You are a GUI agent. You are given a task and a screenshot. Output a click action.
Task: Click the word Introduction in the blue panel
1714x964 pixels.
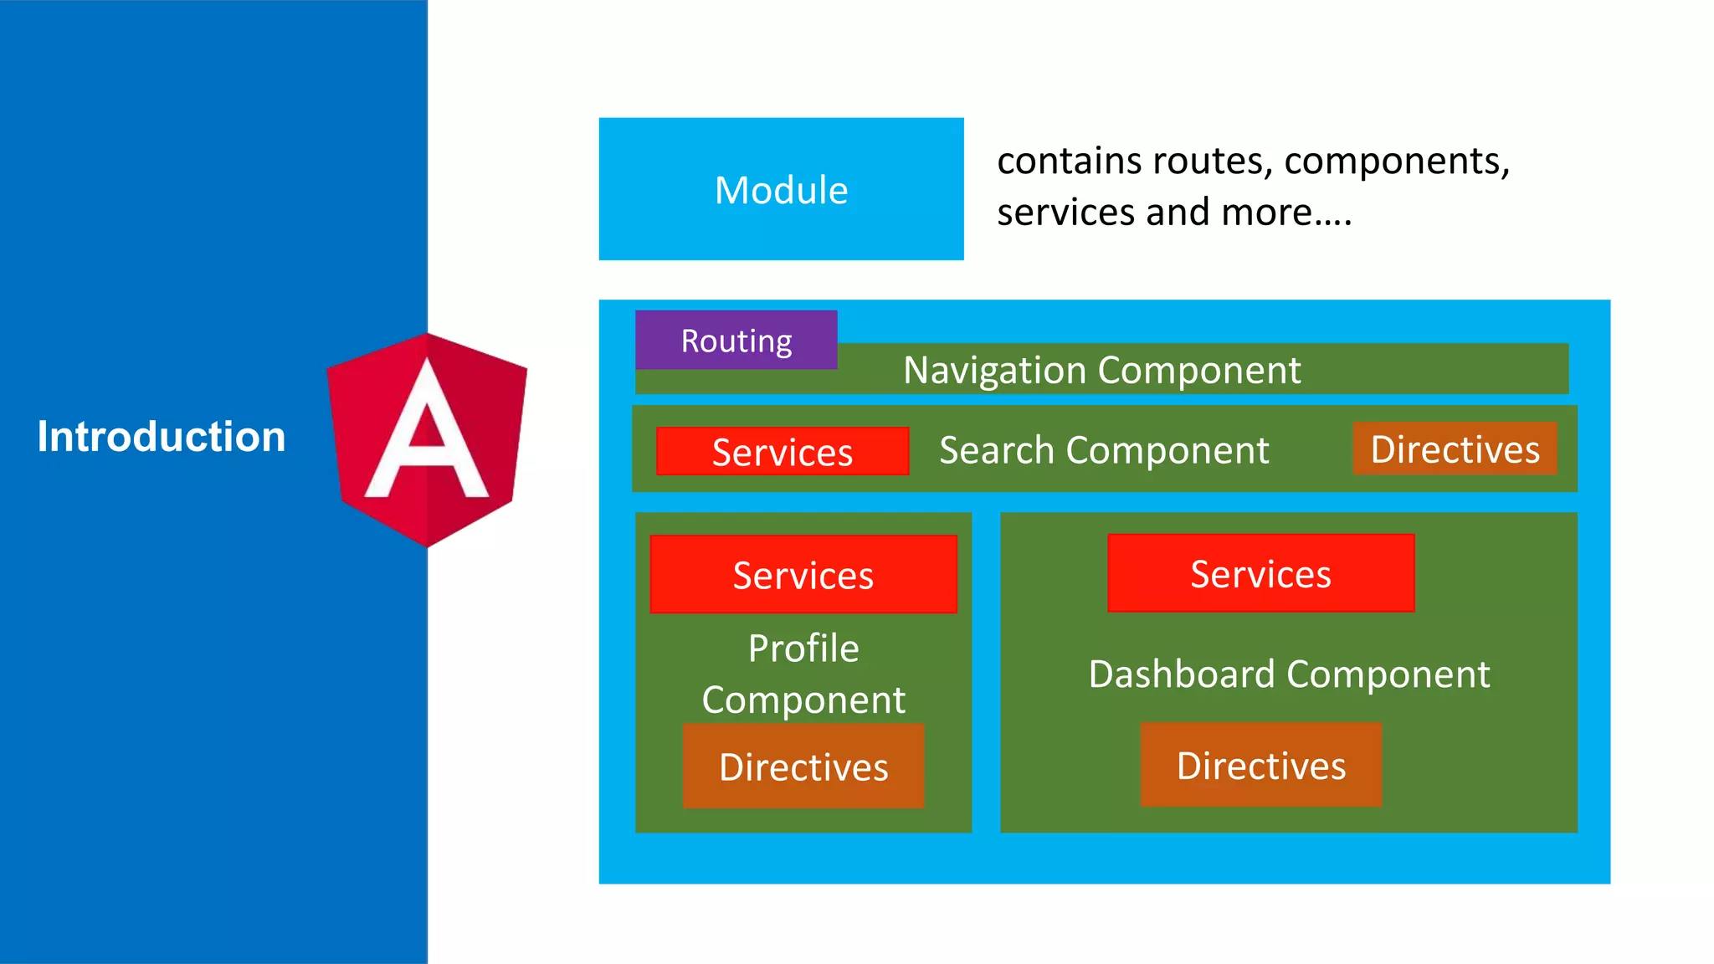point(162,437)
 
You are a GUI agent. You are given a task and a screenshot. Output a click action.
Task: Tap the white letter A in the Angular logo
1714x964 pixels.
point(427,435)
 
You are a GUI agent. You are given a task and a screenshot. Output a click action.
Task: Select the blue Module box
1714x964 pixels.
point(781,189)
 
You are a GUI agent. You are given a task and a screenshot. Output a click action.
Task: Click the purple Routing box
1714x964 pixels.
point(736,341)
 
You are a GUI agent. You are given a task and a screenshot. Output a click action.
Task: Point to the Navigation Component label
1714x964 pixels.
point(1101,370)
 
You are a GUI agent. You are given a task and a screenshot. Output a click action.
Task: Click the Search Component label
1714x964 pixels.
point(1104,450)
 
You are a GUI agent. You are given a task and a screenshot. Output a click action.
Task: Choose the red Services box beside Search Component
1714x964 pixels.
point(782,452)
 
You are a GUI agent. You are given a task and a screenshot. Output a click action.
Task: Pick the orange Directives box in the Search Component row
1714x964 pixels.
point(1455,449)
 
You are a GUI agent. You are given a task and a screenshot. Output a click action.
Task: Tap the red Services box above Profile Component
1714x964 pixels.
point(803,575)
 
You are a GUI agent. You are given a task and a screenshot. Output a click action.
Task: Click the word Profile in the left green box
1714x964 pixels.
point(803,649)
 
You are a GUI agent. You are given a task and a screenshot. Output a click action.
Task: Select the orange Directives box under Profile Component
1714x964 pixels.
point(803,767)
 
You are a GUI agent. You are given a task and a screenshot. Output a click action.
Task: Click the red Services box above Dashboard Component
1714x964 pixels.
point(1260,574)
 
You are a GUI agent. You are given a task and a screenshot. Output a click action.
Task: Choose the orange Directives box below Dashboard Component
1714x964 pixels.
point(1260,765)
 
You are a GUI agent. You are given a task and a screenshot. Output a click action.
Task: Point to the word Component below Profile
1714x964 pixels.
point(803,700)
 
